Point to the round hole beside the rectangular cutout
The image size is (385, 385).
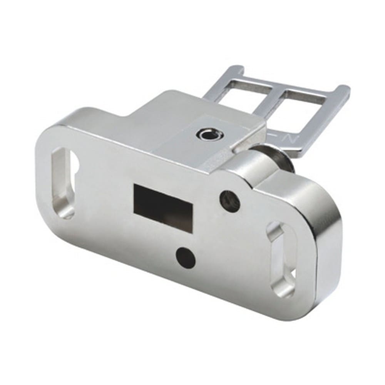(230, 199)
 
